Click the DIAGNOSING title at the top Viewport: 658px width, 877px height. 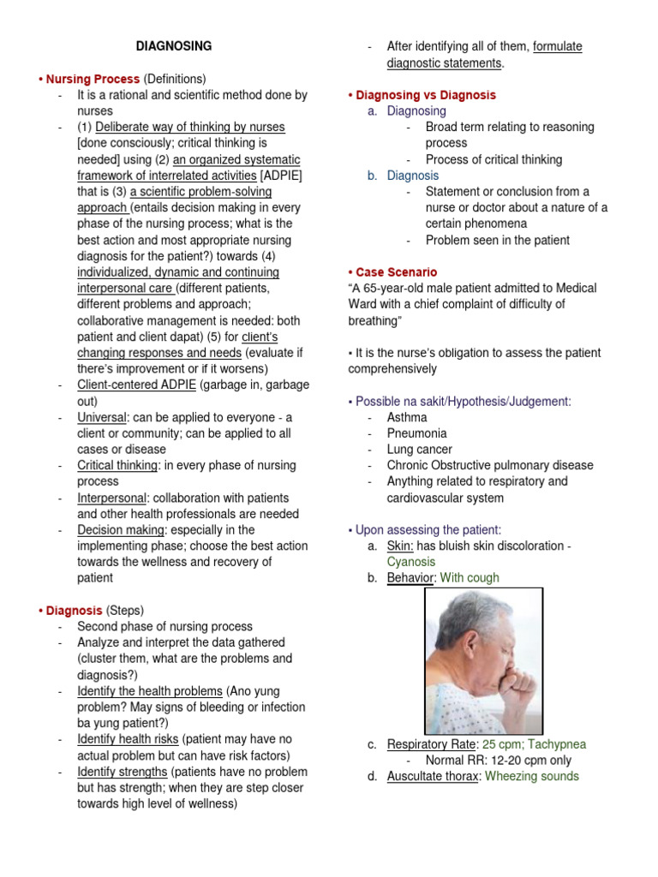[174, 46]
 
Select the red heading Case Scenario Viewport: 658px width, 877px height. [396, 272]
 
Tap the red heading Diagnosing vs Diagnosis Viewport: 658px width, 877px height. [425, 95]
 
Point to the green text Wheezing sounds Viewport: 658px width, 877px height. [531, 776]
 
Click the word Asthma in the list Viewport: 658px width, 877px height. [406, 417]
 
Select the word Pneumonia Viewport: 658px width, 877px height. [416, 433]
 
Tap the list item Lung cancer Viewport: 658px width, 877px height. [419, 450]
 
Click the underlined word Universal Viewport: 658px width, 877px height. [101, 417]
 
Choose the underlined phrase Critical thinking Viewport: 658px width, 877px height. [117, 465]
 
